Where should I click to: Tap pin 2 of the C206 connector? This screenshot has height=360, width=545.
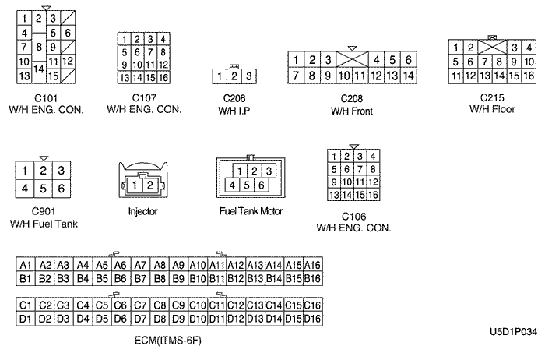pos(234,76)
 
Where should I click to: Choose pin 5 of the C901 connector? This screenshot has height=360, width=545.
pos(44,188)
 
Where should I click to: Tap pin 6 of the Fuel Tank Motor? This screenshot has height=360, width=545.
pos(262,185)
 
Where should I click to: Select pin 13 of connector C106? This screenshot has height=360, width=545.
pos(334,194)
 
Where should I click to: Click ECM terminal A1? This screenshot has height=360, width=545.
pos(26,266)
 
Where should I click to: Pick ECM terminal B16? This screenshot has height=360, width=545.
pos(313,278)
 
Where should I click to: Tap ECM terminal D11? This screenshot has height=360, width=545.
pos(217,318)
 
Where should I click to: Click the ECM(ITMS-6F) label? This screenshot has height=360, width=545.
pos(168,338)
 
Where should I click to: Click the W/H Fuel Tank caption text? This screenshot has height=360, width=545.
pos(44,224)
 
